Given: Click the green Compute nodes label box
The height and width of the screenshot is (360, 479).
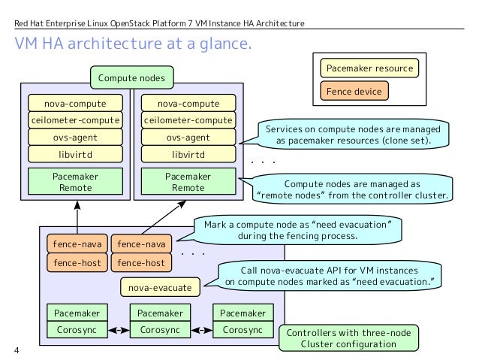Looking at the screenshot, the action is tap(132, 77).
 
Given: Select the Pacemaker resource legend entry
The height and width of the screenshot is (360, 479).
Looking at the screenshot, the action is tap(369, 68).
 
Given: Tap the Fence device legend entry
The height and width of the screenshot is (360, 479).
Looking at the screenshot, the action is tap(354, 91).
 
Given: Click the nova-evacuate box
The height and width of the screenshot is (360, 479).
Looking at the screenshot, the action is tap(161, 287).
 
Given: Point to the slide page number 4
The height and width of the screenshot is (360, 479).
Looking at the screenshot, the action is tap(17, 350).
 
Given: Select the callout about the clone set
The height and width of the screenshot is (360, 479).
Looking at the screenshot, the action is tap(353, 135).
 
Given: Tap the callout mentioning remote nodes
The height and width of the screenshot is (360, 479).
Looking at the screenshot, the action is tap(351, 189).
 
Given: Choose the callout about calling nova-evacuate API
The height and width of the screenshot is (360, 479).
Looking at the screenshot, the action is tap(330, 276).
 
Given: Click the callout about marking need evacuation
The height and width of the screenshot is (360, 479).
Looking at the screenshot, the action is tap(297, 230).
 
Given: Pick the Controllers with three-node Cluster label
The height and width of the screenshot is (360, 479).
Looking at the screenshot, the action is tap(348, 338).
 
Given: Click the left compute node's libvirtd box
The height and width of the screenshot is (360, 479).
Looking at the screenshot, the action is tap(76, 154).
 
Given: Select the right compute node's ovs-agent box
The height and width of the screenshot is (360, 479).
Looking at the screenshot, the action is tap(188, 138).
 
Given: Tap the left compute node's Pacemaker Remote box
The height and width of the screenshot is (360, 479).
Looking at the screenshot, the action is tap(76, 181).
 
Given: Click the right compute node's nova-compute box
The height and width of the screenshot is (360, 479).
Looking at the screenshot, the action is tap(188, 104).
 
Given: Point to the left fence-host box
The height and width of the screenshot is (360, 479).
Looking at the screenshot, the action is tap(77, 263).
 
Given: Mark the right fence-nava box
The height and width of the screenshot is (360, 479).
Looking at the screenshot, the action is tap(141, 244).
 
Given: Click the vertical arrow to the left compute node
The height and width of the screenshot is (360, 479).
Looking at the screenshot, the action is tap(77, 217).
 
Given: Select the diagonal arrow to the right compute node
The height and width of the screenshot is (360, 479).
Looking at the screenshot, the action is tap(164, 217).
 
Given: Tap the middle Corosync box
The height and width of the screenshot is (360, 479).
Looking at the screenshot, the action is tap(160, 329).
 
